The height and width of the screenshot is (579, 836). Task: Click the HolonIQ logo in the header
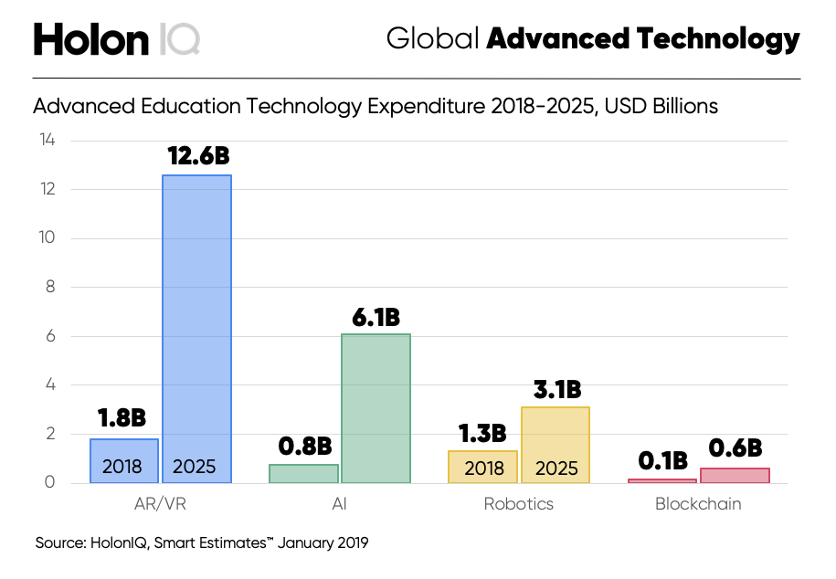coord(116,39)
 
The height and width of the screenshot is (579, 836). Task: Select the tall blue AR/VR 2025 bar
coord(196,329)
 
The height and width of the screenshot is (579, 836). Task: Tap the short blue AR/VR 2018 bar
coord(124,461)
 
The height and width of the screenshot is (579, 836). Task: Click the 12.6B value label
coord(198,156)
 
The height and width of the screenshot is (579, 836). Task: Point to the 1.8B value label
coord(122,418)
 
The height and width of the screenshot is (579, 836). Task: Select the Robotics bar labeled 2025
coord(556,445)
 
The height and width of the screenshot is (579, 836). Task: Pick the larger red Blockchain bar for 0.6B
coord(735,476)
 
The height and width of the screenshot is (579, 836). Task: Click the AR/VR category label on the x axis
coord(160,504)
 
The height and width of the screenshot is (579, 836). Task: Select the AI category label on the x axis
coord(339,504)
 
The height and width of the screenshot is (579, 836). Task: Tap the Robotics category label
coord(518,504)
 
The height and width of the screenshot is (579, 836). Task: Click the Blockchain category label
coord(698,504)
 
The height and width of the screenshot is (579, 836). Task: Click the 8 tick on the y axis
coord(50,287)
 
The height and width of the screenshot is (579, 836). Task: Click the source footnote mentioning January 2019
coord(202,543)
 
